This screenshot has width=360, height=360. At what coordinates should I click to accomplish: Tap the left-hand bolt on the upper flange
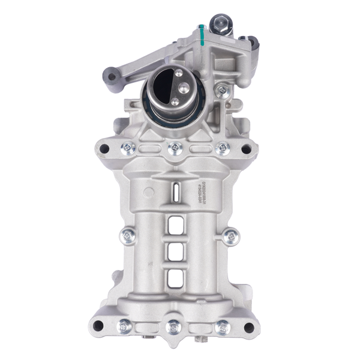pos(127,146)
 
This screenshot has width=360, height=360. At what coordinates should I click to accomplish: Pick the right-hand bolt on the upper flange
pos(222,146)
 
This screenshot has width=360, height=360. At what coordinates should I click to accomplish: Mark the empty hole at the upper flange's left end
pos(104,148)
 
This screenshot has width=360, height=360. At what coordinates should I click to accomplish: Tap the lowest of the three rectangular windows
pos(175,277)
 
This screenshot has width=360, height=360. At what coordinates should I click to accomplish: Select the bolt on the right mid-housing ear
pos(229,236)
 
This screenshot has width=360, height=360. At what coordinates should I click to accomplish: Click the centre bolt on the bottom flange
pos(174,327)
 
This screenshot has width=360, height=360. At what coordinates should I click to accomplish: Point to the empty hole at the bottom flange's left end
pos(100,326)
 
